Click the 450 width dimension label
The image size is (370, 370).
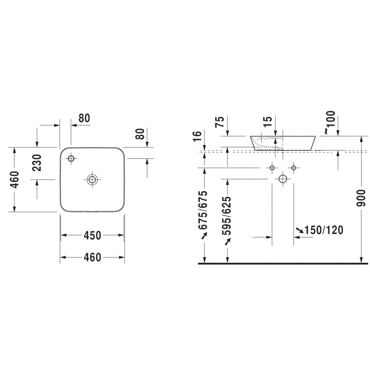pos(92,235)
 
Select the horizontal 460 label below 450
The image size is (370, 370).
pos(92,257)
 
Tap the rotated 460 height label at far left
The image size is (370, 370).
pos(14,180)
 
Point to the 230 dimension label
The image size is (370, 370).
pos(37,163)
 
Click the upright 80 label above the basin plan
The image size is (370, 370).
pos(84,118)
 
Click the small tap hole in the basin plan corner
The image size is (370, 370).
pos(71,159)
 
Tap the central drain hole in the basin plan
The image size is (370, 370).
pos(92,179)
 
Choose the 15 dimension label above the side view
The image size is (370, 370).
pos(267,122)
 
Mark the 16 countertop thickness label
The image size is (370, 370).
pos(198,137)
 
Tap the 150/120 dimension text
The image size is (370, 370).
pos(324,230)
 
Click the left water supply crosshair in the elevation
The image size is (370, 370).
pos(272,167)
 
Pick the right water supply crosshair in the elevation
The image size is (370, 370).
pos(294,167)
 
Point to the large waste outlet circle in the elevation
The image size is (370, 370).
pos(283,179)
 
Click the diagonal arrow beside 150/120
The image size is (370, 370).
pos(300,230)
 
